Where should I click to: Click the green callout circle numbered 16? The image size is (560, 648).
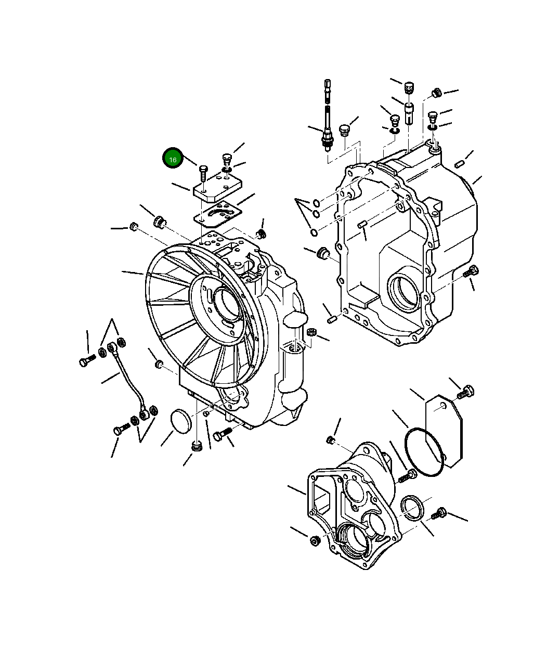click(x=173, y=159)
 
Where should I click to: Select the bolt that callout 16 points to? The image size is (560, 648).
click(x=203, y=172)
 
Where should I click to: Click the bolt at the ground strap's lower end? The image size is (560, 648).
click(x=120, y=430)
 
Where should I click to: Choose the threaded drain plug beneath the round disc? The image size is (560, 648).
click(x=197, y=446)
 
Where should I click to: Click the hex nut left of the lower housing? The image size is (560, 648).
click(x=315, y=541)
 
